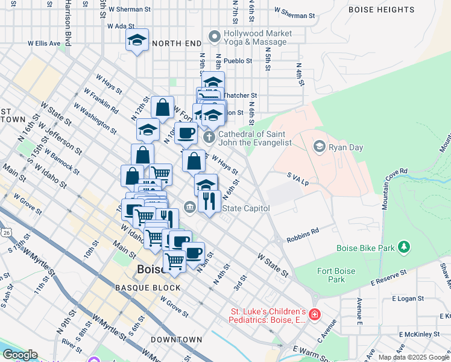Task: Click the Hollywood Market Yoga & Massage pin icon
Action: (214, 37)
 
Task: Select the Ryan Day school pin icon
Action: (319, 146)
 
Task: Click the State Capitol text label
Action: (245, 208)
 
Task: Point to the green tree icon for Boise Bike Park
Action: (403, 247)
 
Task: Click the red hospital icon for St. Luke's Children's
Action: (314, 314)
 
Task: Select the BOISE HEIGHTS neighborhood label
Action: (382, 10)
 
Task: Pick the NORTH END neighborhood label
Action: (177, 43)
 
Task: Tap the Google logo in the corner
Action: (19, 355)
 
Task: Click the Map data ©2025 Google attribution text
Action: (414, 357)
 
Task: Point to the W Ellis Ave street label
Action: (44, 43)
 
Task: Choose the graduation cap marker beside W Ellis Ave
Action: (137, 40)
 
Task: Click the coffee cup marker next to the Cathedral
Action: (186, 133)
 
